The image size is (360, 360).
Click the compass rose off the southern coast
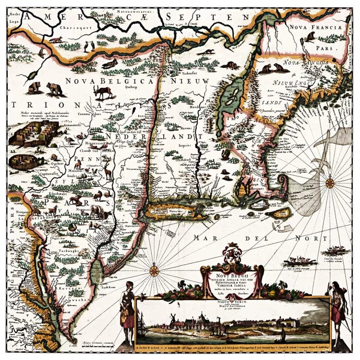coord(154,270)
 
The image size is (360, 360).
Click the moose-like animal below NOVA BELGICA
coord(104,93)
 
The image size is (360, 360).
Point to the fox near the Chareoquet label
coord(56,40)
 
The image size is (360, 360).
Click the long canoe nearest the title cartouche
coord(300,262)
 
